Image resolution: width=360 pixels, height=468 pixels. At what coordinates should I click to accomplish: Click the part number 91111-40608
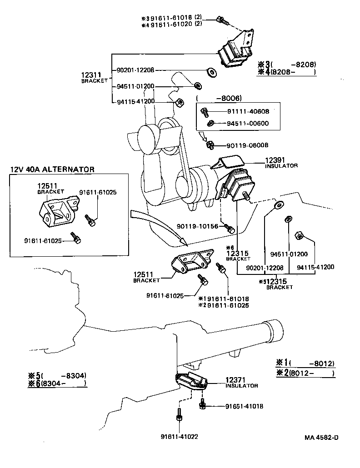[x=248, y=111]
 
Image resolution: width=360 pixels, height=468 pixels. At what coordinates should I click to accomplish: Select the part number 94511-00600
[x=248, y=123]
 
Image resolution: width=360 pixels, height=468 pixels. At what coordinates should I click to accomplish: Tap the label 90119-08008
[x=247, y=145]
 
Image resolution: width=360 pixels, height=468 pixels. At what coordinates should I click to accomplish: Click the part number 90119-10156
[x=198, y=226]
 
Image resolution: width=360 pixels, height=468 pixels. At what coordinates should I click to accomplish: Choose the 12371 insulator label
[x=235, y=379]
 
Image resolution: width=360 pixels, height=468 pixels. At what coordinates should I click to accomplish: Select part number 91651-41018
[x=244, y=406]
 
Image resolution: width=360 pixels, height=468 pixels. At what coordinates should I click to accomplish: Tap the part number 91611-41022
[x=179, y=437]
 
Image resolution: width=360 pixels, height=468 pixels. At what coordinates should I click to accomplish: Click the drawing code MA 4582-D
[x=321, y=438]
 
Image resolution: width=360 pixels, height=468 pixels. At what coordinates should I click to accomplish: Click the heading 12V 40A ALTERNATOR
[x=52, y=169]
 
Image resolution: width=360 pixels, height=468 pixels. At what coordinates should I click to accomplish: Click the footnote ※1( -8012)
[x=305, y=363]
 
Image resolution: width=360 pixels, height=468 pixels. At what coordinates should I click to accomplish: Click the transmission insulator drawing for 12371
[x=191, y=380]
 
